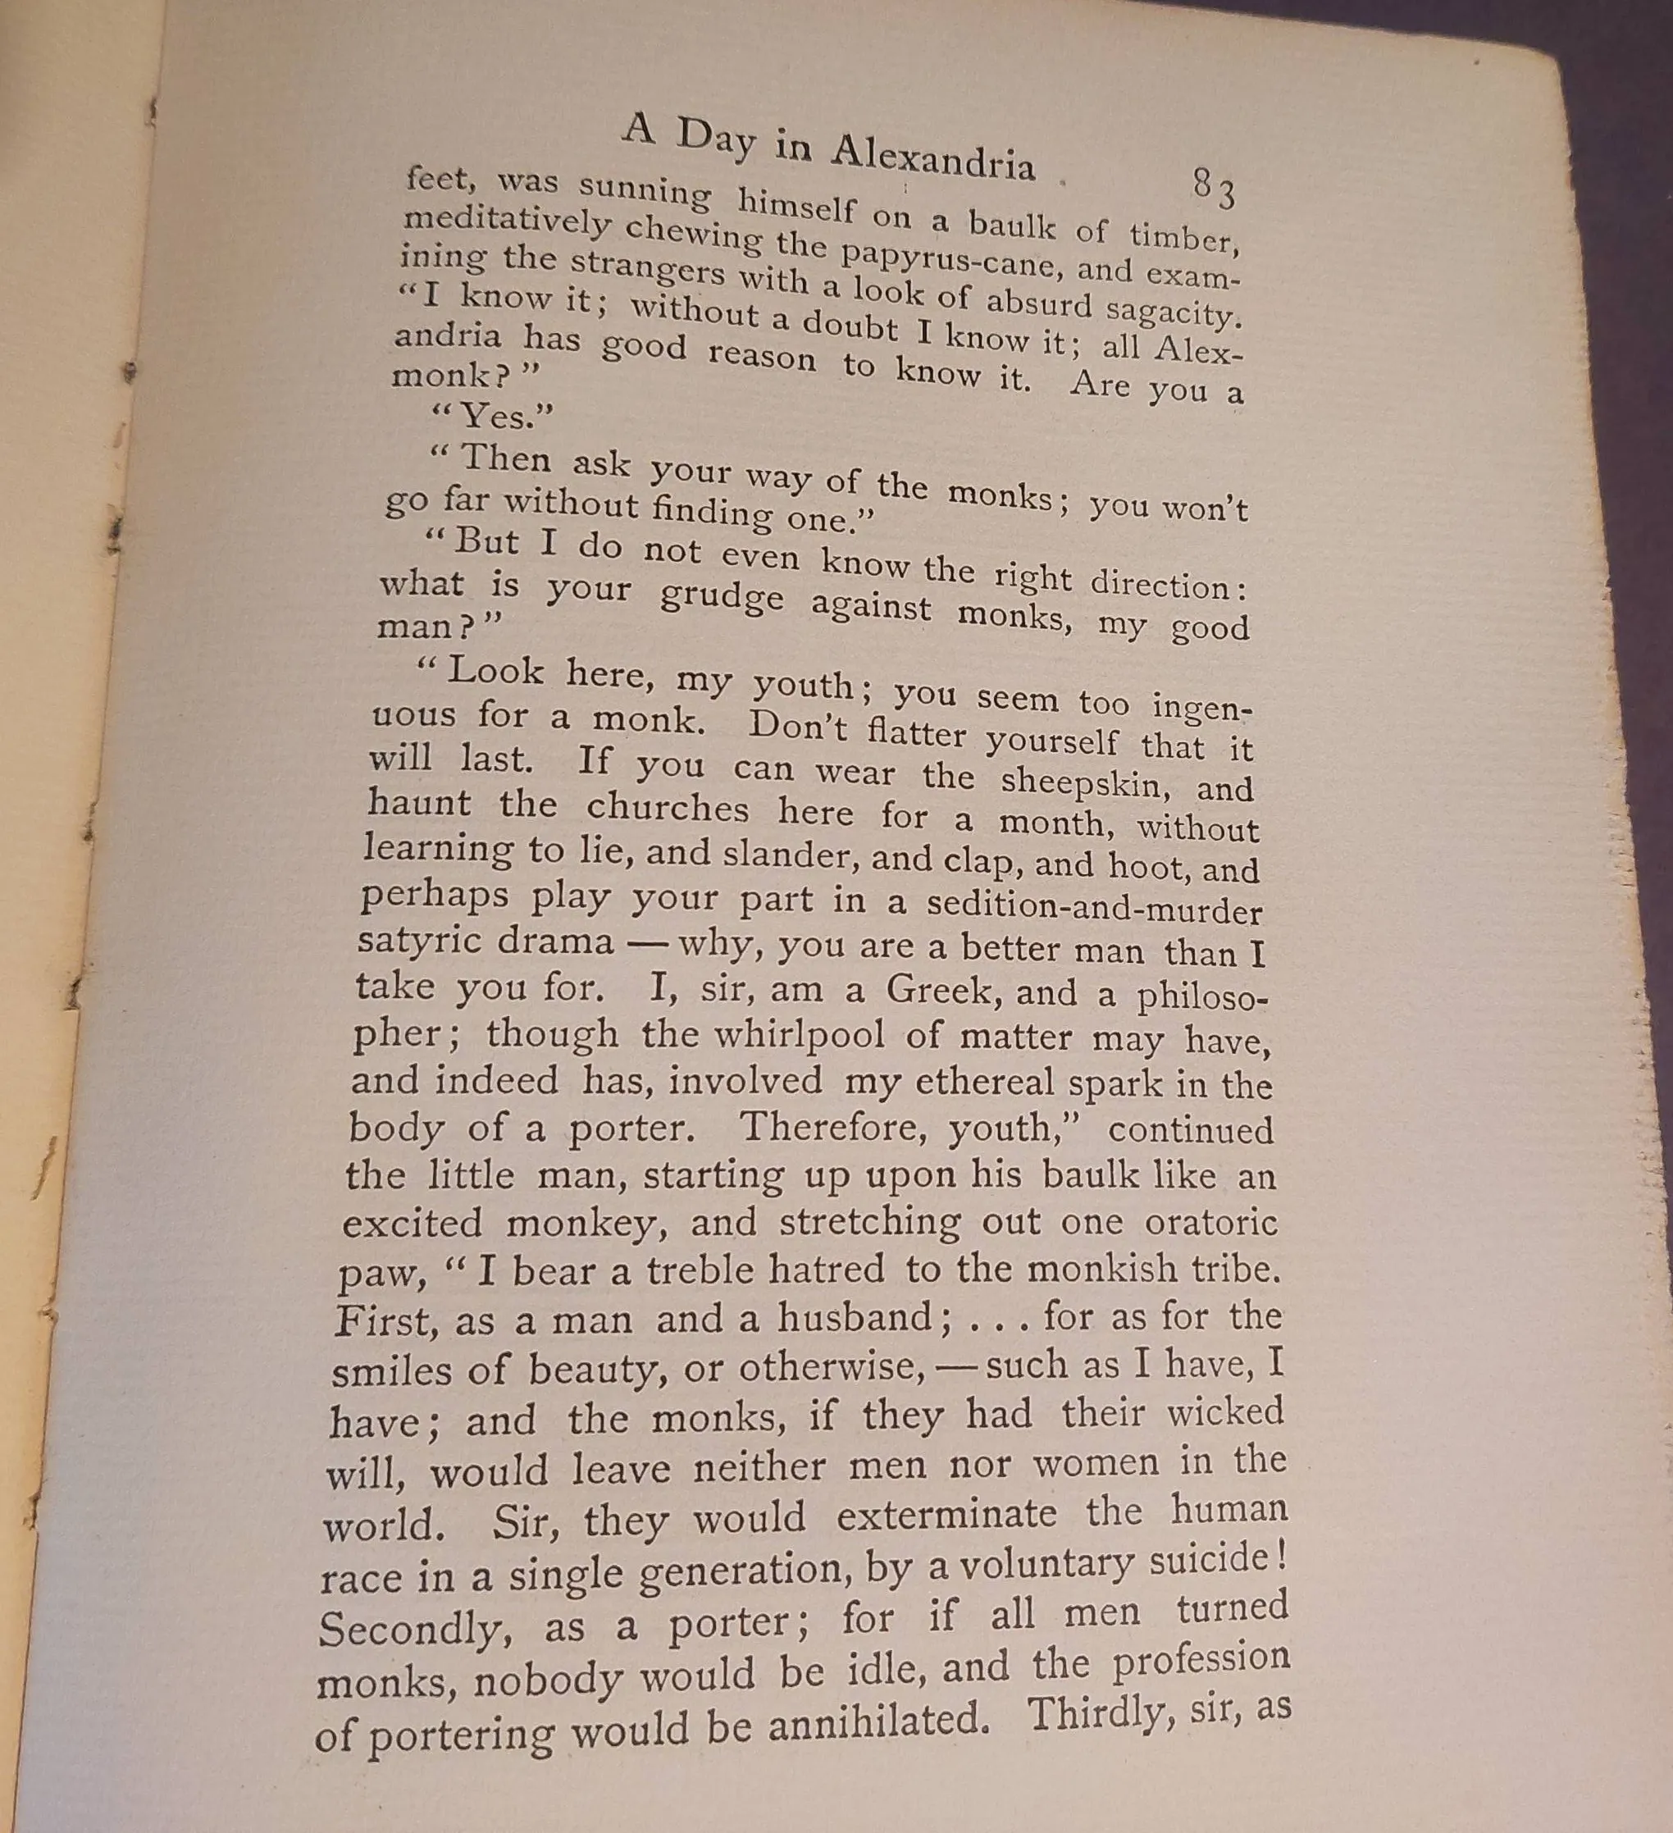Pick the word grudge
coord(721,596)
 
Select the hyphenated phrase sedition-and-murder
coord(1094,906)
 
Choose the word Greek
coord(942,990)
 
